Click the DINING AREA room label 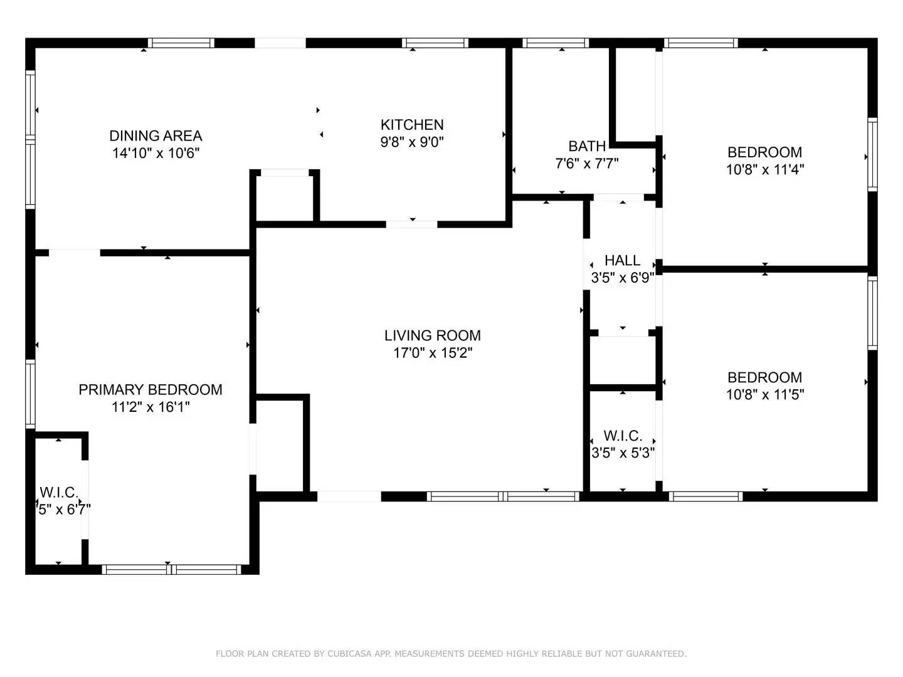point(156,135)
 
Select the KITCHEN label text point(412,124)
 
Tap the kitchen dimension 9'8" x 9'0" point(412,142)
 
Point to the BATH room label point(587,146)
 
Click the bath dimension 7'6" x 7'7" point(587,164)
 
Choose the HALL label point(622,260)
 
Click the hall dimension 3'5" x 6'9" point(622,278)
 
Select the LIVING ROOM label point(433,335)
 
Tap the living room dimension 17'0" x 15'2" point(433,353)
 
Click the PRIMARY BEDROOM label point(150,389)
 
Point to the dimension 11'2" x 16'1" point(150,407)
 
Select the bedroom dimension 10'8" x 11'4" point(764,169)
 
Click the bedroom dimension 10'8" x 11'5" point(764,394)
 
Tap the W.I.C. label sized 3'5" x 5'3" point(623,436)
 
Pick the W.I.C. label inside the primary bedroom point(58,492)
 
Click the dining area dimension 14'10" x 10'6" point(156,153)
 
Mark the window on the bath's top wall point(555,43)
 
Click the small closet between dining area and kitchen point(286,198)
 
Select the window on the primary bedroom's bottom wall point(171,569)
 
